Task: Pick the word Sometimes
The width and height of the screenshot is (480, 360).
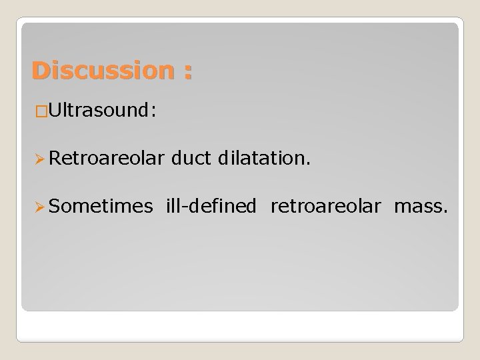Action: (x=99, y=207)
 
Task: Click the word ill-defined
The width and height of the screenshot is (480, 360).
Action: (x=211, y=207)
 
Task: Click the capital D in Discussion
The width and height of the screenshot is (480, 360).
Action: (x=41, y=70)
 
